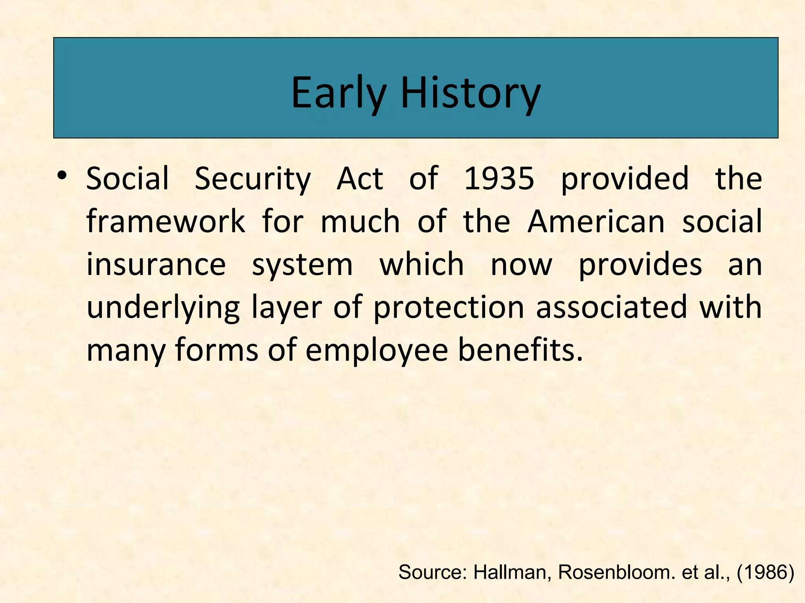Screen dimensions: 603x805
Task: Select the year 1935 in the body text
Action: click(x=499, y=179)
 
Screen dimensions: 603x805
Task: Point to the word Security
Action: click(x=253, y=179)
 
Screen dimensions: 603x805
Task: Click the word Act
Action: click(x=360, y=179)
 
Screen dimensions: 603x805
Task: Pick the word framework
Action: click(x=165, y=221)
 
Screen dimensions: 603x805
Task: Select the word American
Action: click(x=596, y=221)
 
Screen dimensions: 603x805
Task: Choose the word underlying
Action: click(x=163, y=308)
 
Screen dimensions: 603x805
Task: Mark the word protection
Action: click(x=448, y=308)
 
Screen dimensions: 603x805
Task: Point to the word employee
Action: click(x=376, y=351)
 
